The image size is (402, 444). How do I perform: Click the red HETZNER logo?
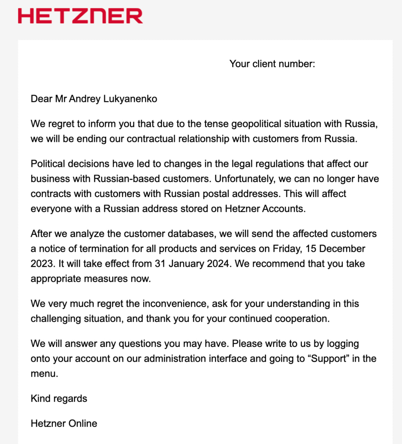point(80,16)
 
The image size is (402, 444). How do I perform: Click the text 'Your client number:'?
point(272,64)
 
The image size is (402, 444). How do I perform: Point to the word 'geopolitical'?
point(259,124)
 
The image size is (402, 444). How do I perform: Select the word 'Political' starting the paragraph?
point(48,164)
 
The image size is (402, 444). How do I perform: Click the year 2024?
point(219,264)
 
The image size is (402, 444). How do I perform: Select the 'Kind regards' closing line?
point(59,399)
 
